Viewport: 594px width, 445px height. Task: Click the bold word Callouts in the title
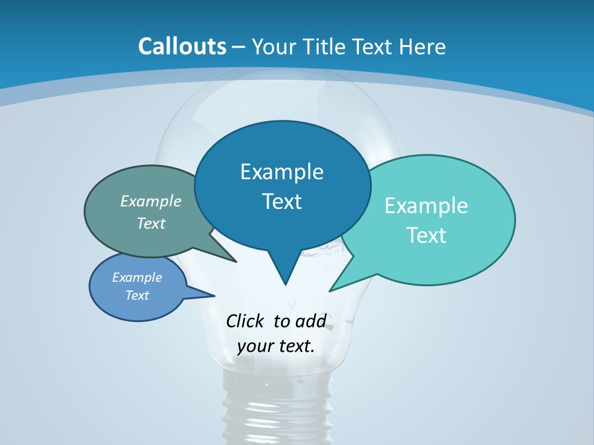point(182,46)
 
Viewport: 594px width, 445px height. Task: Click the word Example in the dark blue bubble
point(282,172)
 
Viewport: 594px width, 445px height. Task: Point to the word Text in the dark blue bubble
point(282,201)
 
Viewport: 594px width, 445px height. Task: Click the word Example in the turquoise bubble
point(426,206)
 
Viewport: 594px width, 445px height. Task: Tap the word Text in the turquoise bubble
point(426,235)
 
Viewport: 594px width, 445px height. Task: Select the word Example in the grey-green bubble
point(151,201)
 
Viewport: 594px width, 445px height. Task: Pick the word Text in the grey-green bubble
point(151,224)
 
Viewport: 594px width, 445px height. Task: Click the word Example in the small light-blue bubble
point(137,278)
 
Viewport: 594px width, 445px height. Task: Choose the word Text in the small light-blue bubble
point(137,295)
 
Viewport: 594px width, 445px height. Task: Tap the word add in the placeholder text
point(311,321)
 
